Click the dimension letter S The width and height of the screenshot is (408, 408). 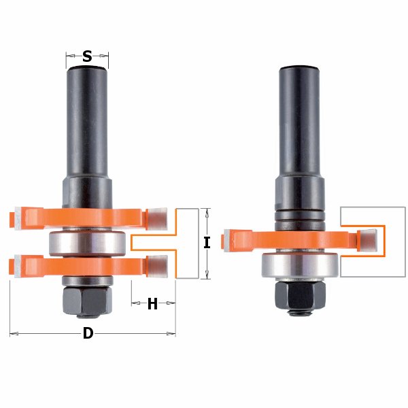tap(87, 56)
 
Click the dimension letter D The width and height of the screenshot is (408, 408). tap(88, 333)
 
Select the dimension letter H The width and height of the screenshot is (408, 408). tap(152, 303)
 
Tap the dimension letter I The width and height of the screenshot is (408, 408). tap(207, 243)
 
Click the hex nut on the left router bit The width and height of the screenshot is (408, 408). tap(87, 300)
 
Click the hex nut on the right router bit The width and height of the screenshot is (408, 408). tap(300, 295)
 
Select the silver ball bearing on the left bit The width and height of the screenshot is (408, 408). tap(87, 243)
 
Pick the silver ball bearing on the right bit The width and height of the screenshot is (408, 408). tap(300, 265)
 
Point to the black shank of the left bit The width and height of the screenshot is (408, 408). tap(87, 122)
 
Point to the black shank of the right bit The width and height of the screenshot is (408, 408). tap(299, 122)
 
